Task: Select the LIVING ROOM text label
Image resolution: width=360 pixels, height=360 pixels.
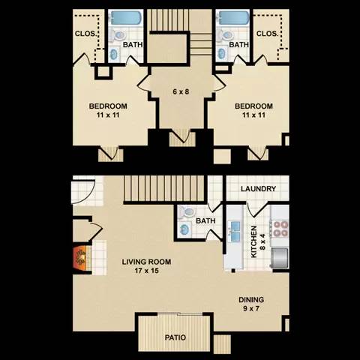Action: click(147, 262)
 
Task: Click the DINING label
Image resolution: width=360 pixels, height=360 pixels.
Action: click(251, 300)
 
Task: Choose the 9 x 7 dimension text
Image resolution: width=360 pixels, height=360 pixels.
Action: click(251, 309)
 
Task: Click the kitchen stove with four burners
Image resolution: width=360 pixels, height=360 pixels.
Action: click(280, 227)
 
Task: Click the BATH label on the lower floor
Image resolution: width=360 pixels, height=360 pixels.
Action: click(205, 222)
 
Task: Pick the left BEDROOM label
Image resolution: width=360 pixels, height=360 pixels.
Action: click(109, 106)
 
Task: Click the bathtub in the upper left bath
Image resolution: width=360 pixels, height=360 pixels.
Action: click(124, 19)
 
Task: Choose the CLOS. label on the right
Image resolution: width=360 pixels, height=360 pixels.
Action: click(267, 33)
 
